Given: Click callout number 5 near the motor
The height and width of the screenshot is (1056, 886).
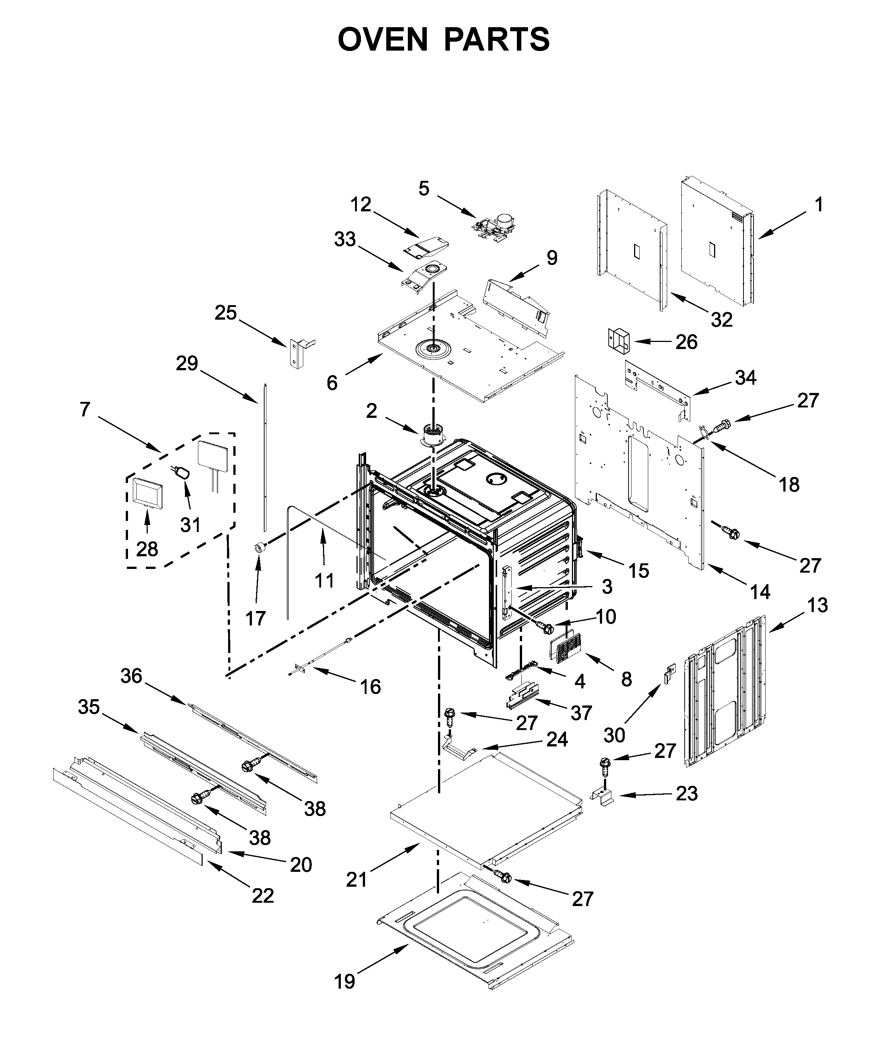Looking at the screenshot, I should coord(424,189).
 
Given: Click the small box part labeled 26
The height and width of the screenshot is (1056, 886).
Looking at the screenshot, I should coord(619,340).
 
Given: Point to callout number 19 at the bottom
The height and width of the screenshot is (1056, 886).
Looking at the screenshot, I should coord(345,981).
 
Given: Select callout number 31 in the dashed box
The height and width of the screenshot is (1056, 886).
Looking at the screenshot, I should coord(191,525).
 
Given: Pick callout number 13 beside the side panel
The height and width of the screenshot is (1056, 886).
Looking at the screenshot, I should coord(817,605).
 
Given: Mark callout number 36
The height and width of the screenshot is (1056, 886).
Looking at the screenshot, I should coord(131,676).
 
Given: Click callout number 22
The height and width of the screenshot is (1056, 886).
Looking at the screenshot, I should coord(262,896).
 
